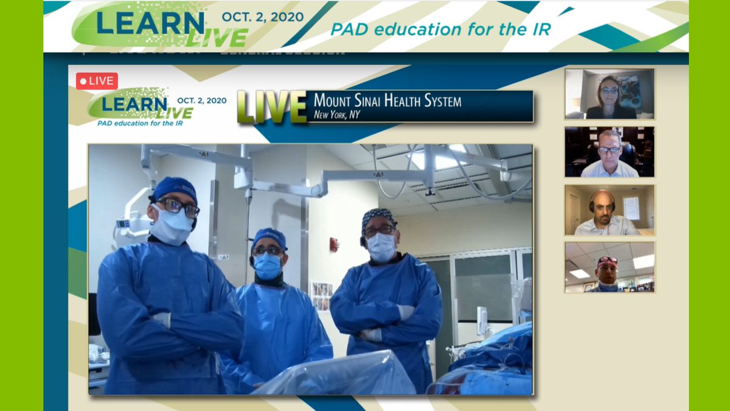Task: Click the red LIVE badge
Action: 97,81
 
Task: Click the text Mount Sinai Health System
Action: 387,100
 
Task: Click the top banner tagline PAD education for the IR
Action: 440,29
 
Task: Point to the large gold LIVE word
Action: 272,107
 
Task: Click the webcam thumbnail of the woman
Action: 610,93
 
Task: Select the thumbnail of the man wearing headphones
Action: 610,210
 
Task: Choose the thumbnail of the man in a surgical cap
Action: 610,267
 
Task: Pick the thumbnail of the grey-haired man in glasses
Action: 610,152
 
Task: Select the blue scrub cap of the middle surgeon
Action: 269,236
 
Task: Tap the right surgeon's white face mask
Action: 381,247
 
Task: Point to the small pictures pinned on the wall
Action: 321,296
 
